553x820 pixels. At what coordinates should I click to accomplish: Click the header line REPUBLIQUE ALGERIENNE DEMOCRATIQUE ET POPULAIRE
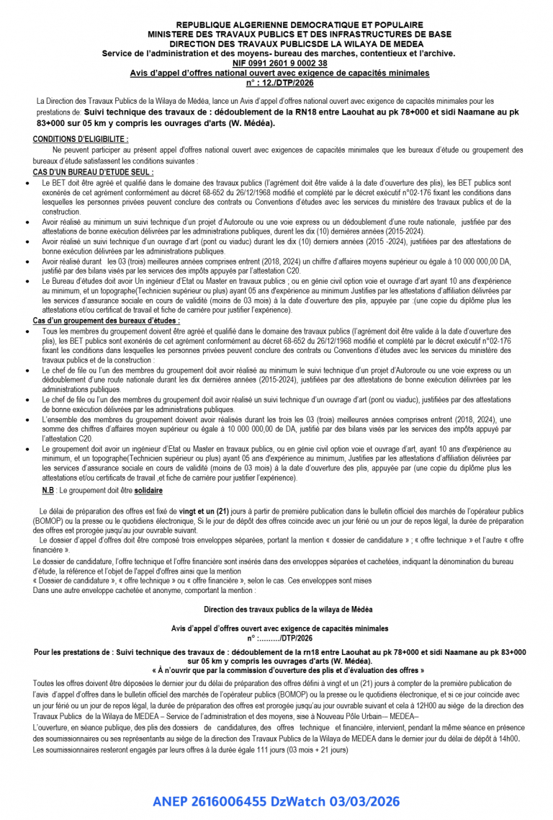coord(279,25)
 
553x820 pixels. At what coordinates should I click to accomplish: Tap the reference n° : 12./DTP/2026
coord(279,83)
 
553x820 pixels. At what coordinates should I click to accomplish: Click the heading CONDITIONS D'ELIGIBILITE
coord(81,138)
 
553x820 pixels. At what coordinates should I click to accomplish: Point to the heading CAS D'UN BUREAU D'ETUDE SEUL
coord(93,173)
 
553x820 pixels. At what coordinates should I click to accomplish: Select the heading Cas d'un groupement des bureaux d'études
coord(107,320)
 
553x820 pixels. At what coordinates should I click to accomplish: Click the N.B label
coord(48,491)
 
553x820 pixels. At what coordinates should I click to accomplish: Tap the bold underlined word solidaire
coord(148,491)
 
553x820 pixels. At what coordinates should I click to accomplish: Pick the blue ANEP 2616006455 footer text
coord(276,801)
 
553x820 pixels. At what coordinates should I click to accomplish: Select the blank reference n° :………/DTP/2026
coord(279,638)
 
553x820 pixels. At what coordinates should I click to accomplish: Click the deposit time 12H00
coord(414,705)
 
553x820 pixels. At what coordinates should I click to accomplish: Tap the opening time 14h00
coord(509,739)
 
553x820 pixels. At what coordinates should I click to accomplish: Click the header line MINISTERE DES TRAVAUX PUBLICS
coord(279,34)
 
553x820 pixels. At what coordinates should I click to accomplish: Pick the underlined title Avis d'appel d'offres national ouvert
coord(279,73)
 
